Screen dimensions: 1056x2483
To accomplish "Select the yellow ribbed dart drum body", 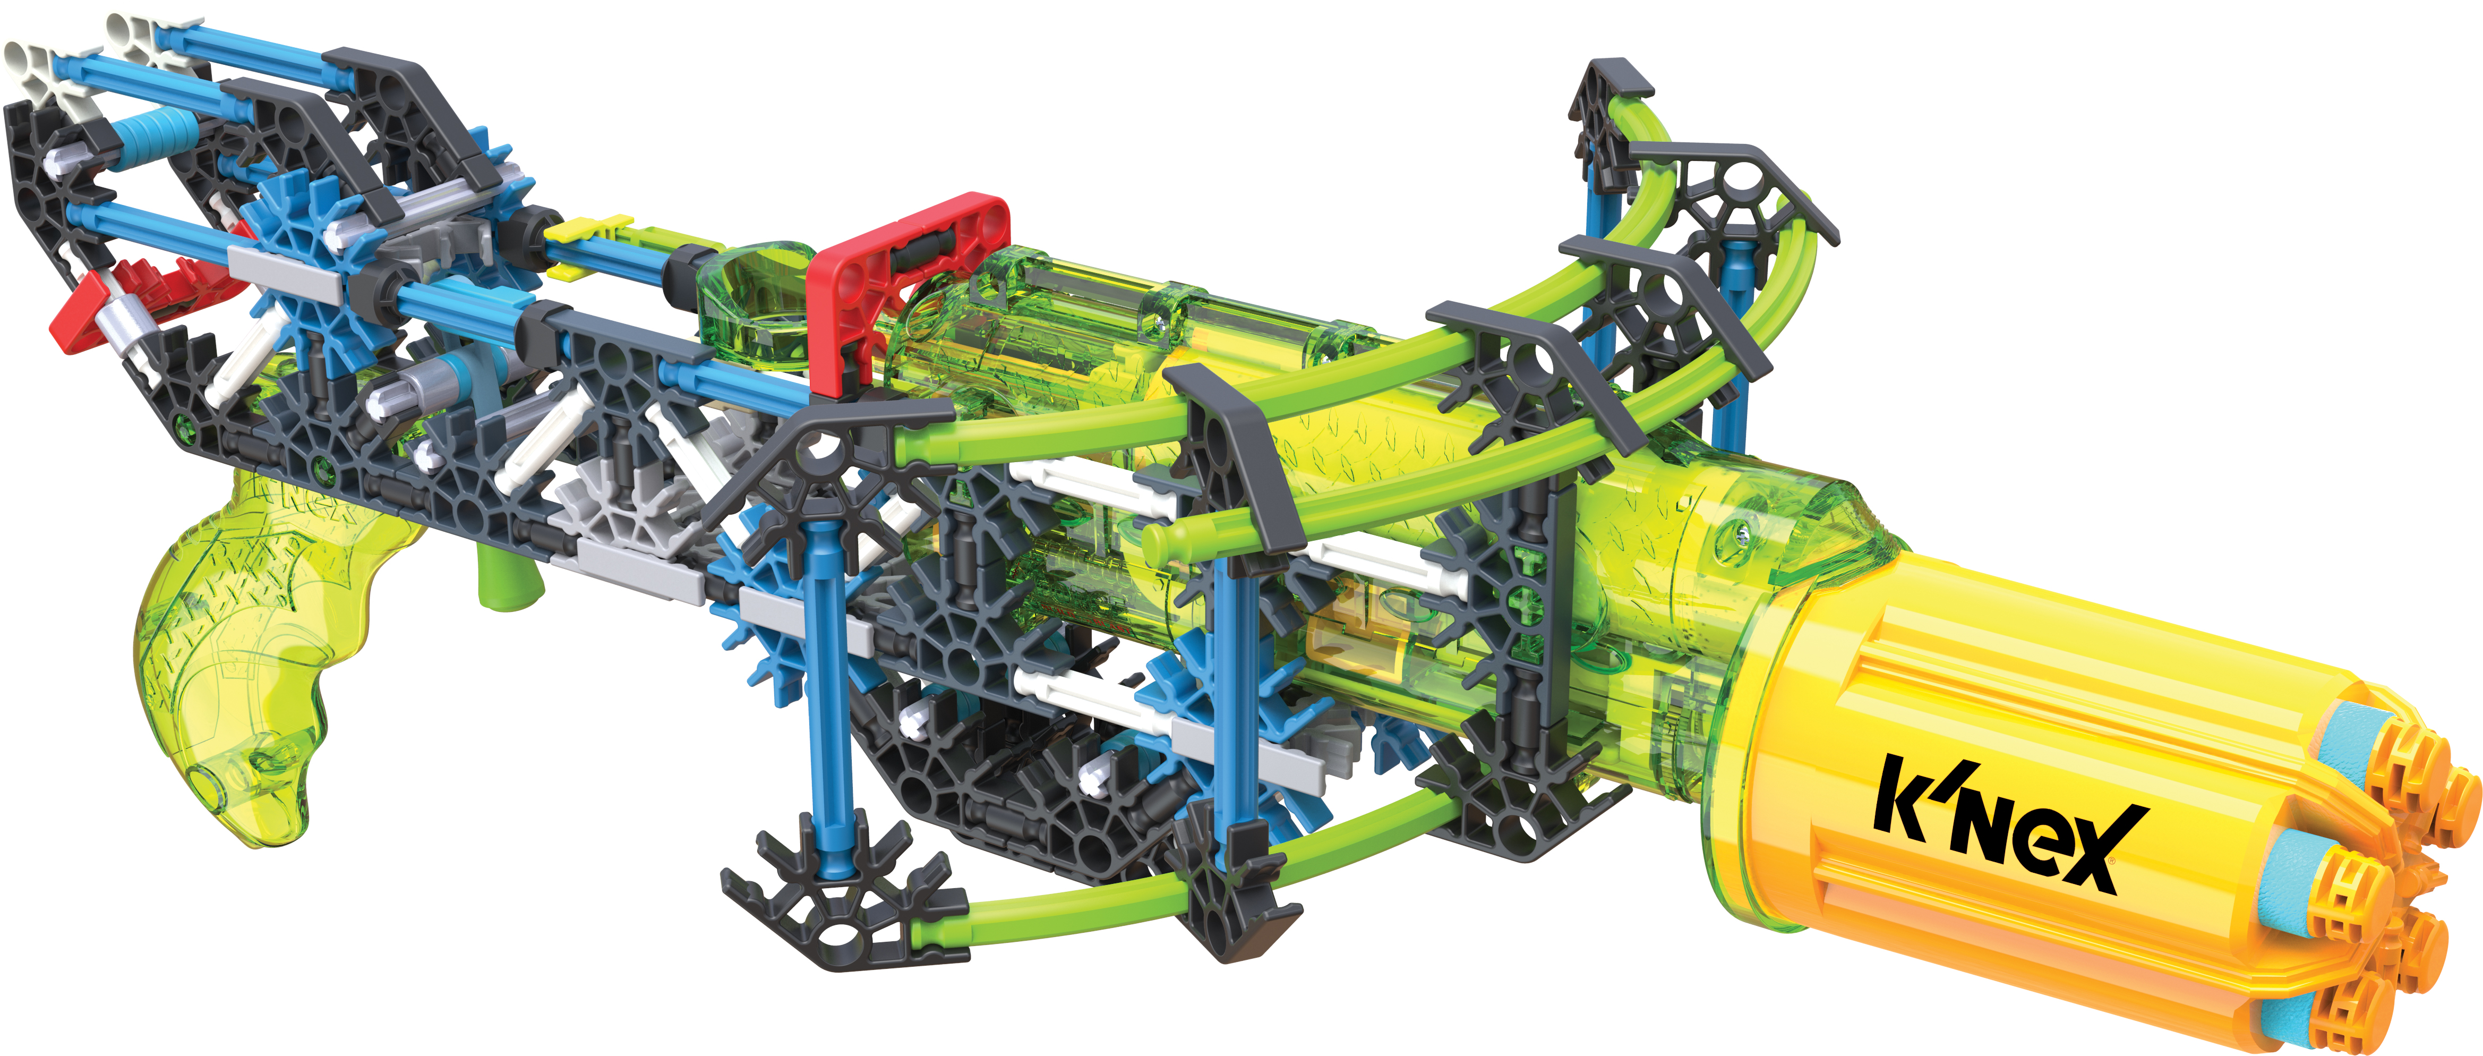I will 2024,771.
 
